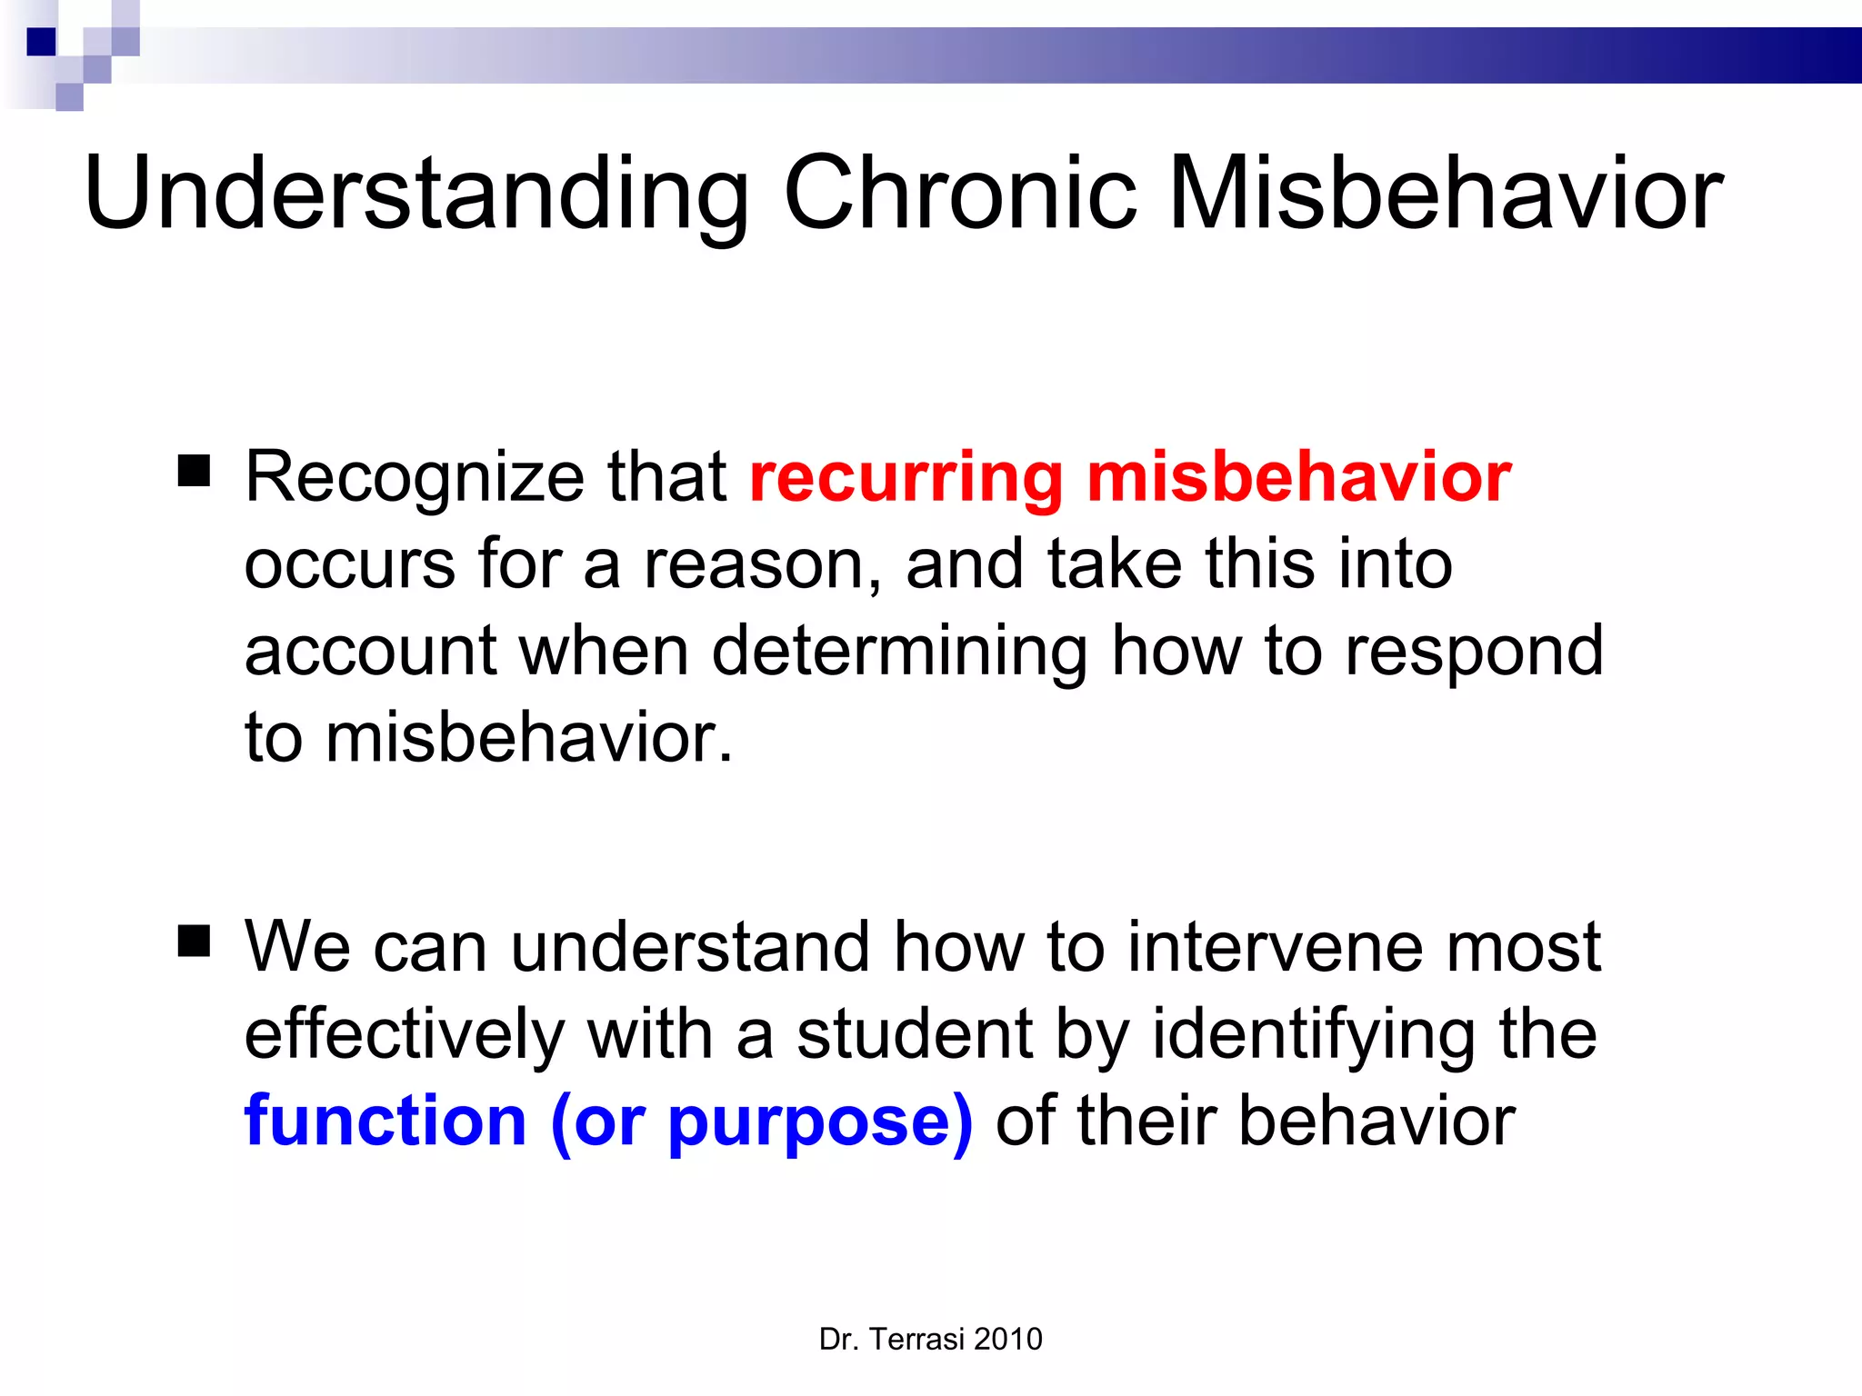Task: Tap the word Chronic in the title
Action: point(959,194)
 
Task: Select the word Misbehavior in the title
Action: point(1445,194)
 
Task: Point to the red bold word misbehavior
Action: point(1299,477)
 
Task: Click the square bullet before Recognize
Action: point(194,472)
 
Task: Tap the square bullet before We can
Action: point(194,942)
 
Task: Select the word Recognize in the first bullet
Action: point(415,477)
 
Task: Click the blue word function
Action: point(385,1121)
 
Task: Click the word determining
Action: point(899,652)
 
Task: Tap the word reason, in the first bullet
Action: point(763,565)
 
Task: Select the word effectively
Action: point(405,1034)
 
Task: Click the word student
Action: point(915,1034)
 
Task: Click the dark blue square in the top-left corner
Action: point(41,42)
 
